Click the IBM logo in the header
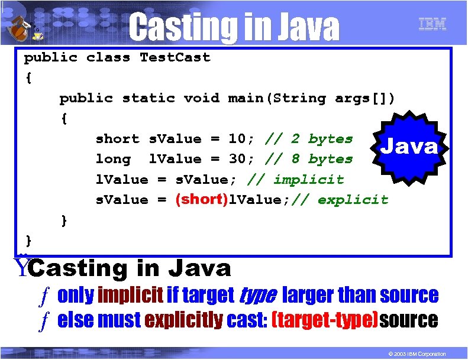point(432,24)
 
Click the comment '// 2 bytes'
point(309,139)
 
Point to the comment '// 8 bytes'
point(309,159)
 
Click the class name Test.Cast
point(175,57)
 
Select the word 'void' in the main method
point(202,98)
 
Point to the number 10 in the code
point(237,139)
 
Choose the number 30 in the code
point(237,159)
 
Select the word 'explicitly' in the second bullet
point(183,320)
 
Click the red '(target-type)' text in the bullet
point(324,320)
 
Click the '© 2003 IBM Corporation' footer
point(413,353)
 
